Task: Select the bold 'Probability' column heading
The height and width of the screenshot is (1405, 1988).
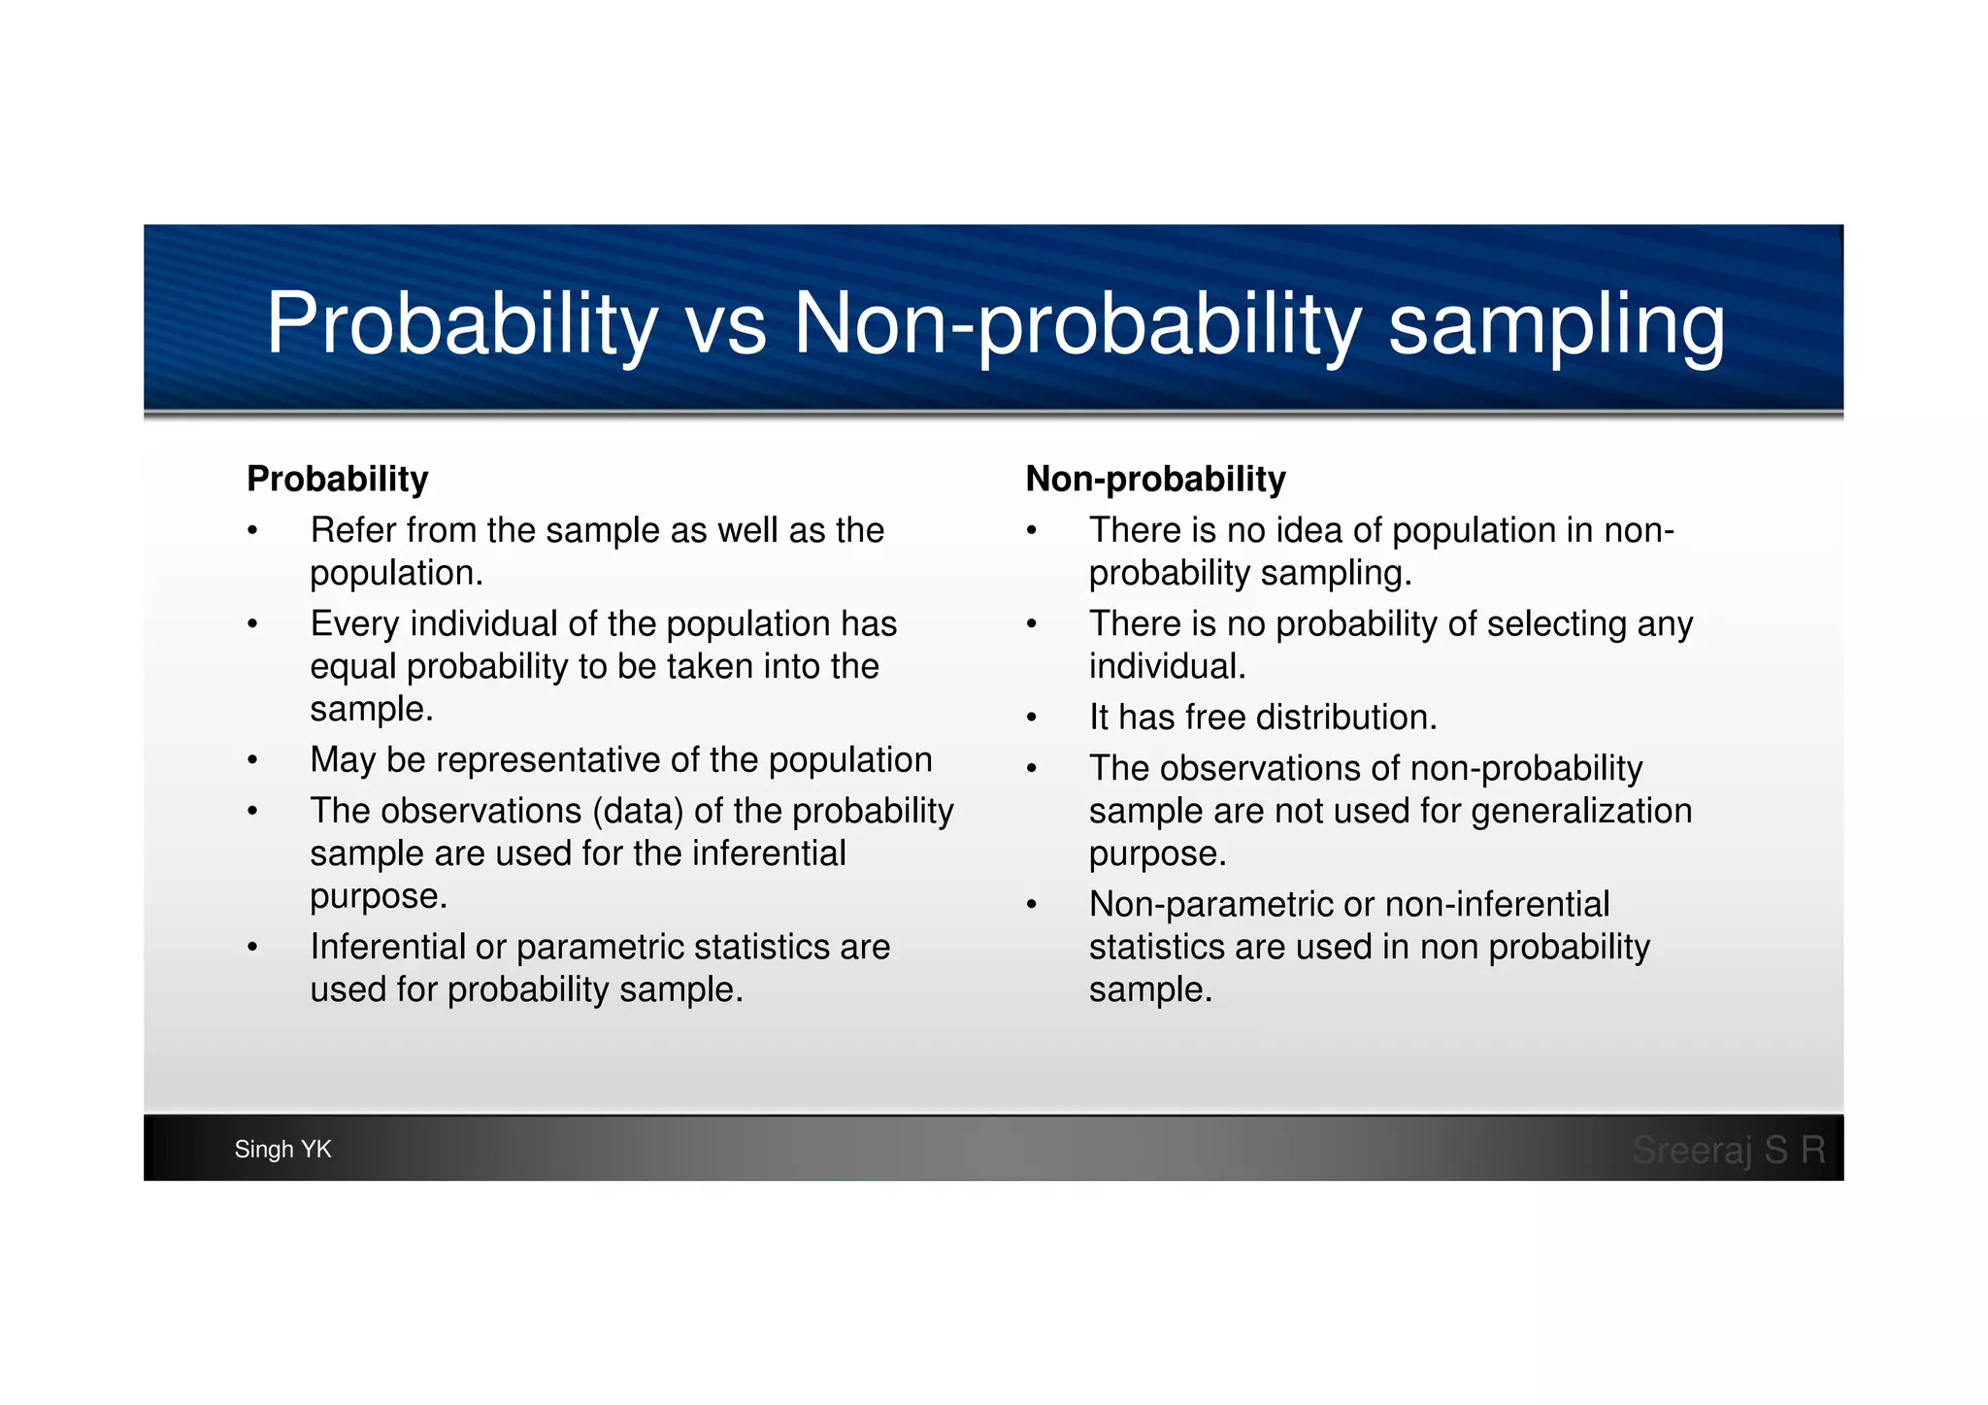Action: (337, 479)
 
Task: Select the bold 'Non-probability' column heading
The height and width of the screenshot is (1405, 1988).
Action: (1155, 479)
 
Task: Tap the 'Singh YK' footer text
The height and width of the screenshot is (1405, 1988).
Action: (282, 1150)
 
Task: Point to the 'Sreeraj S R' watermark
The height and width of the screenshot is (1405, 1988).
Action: (1728, 1150)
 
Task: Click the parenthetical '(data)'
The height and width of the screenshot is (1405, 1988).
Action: (637, 811)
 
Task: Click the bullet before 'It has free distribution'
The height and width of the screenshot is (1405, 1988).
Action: (1032, 719)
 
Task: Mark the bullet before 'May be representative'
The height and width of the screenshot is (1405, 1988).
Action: (252, 760)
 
